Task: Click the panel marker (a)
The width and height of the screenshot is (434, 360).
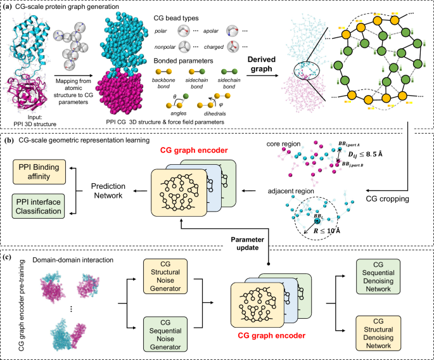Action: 8,8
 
